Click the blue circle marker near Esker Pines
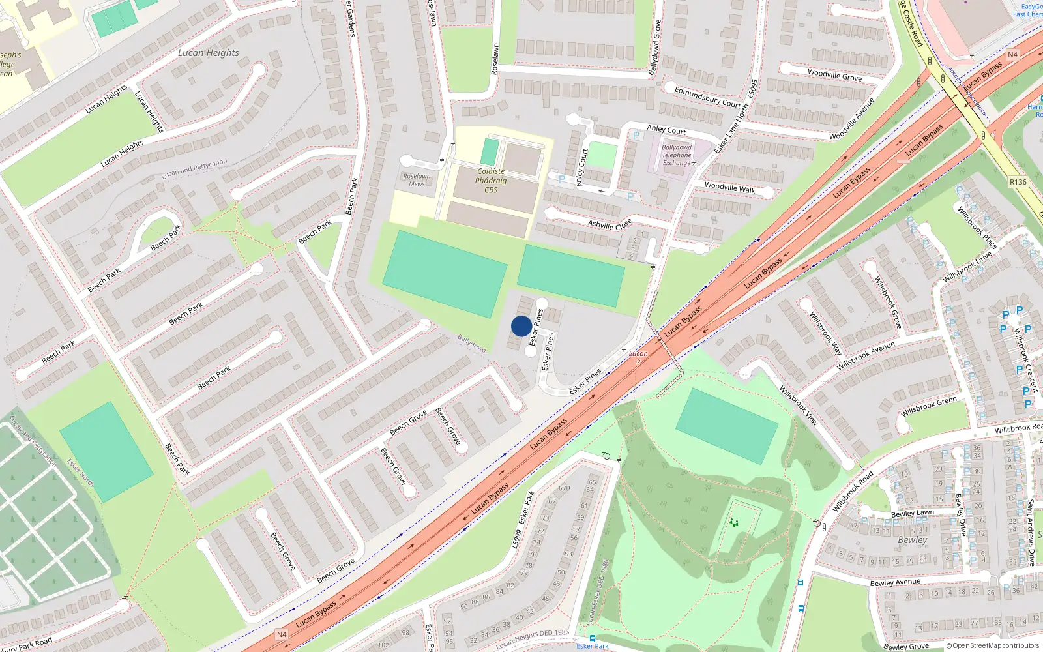point(521,326)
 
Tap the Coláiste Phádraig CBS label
point(491,181)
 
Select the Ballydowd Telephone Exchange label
point(677,155)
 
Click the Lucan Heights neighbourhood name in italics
point(209,53)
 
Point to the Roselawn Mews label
point(417,180)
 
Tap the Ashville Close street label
point(610,224)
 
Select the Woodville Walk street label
point(729,188)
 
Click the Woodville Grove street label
point(834,75)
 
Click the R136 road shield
point(1018,183)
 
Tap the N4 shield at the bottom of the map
point(281,634)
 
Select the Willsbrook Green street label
point(929,406)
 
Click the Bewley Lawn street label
point(912,514)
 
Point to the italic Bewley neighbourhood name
point(912,540)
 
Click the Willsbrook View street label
point(799,405)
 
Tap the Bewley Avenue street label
point(895,582)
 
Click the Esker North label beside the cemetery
point(80,473)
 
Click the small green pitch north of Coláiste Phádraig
point(490,151)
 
